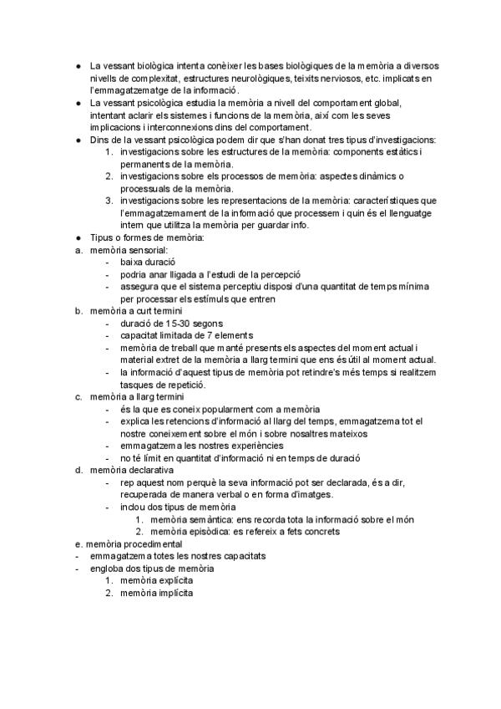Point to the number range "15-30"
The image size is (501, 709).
pos(168,324)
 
